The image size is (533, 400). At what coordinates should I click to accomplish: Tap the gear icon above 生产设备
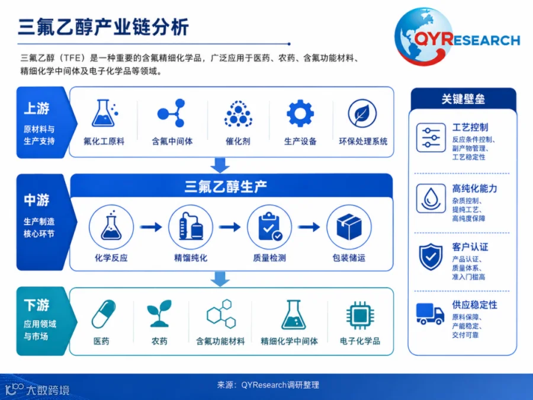point(300,113)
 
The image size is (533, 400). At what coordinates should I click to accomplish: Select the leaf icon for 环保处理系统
point(362,114)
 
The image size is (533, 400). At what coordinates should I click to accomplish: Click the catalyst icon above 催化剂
point(238,114)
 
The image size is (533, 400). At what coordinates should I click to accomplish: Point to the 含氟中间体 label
point(172,141)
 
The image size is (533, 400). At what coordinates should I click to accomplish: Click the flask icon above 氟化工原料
point(104,113)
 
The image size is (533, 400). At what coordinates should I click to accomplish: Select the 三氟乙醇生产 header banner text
point(226,187)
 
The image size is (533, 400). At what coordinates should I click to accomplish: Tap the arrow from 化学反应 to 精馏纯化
point(151,226)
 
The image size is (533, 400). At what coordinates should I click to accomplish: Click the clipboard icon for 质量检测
point(269,227)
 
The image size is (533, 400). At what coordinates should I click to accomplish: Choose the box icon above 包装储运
point(349,227)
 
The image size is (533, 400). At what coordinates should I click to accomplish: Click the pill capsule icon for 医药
point(104,313)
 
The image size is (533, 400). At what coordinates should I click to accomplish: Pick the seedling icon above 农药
point(159,313)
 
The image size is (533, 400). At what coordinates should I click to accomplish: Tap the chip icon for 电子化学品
point(360,315)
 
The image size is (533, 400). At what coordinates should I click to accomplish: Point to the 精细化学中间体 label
point(289,341)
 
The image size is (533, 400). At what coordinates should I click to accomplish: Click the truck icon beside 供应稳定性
point(430,313)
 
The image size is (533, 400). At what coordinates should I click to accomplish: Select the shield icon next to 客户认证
point(431,257)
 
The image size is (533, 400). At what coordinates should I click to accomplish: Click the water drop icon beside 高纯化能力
point(431,199)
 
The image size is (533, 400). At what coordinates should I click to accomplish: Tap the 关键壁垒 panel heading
point(463,99)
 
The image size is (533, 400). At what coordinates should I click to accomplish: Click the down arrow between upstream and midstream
point(220,165)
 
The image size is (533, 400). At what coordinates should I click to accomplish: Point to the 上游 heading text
point(37,108)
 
